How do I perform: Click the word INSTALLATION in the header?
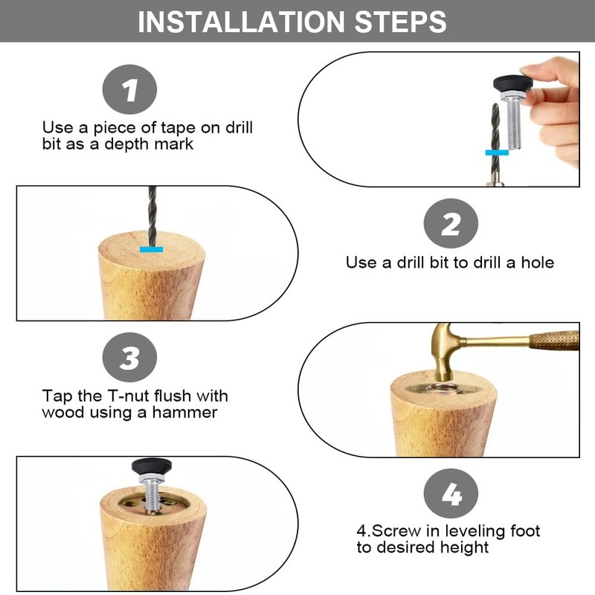click(241, 22)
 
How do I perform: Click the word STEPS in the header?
click(400, 22)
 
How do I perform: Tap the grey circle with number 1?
click(129, 89)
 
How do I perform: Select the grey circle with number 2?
click(451, 223)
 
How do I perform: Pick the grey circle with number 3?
click(129, 357)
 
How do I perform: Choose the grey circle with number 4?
click(451, 493)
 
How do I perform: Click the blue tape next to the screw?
click(497, 152)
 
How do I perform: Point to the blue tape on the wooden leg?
click(152, 249)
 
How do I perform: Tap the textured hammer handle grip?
click(554, 340)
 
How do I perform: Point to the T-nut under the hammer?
click(443, 389)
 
